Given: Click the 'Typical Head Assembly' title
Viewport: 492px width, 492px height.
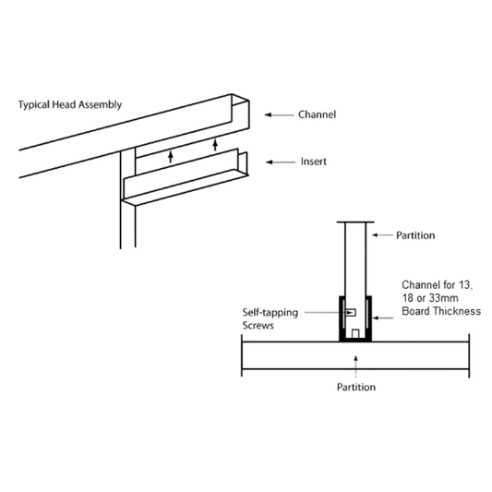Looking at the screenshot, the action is click(x=69, y=105).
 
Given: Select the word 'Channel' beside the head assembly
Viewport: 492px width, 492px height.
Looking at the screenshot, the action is click(x=317, y=114).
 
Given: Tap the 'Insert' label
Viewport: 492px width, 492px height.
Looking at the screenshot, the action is click(x=314, y=162).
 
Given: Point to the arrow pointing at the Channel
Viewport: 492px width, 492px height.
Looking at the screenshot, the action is click(x=280, y=114).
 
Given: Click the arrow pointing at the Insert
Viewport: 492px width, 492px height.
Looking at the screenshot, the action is click(x=281, y=162).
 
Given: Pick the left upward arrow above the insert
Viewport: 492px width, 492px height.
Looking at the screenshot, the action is click(x=171, y=157).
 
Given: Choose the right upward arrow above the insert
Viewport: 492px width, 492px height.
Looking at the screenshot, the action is click(x=215, y=144).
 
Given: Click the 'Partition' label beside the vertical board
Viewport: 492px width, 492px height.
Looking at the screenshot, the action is click(x=415, y=235).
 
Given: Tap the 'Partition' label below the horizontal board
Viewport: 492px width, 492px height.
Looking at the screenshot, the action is click(x=356, y=387).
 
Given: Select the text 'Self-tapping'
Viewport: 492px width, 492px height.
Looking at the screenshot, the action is click(x=270, y=313).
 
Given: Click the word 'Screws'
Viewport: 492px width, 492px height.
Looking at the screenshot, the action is click(x=258, y=326).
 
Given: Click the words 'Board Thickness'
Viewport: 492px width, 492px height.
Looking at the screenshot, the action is click(x=441, y=311).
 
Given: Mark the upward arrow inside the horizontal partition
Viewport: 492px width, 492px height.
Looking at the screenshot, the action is click(x=355, y=366).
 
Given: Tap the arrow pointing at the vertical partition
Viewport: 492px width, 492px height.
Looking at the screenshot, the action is click(x=382, y=235).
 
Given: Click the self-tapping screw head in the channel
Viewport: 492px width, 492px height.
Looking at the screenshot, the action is click(x=351, y=313).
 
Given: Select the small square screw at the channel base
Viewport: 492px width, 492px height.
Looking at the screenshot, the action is click(x=355, y=333).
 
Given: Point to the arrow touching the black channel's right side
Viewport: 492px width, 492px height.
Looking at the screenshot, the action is click(x=383, y=318).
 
